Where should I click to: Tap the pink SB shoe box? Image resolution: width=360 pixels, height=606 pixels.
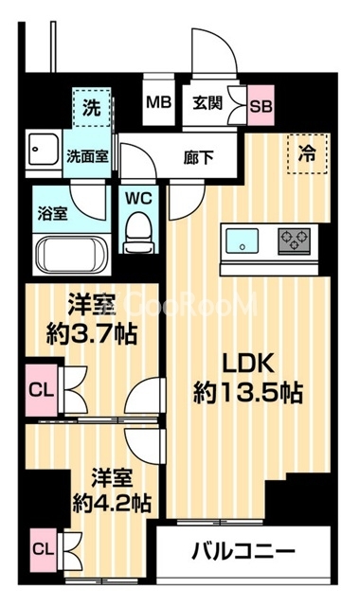(261, 103)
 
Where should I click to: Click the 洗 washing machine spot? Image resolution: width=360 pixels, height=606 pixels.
(91, 107)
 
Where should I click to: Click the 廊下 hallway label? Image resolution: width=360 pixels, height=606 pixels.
(198, 157)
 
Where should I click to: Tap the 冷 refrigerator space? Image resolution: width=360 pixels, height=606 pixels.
(308, 151)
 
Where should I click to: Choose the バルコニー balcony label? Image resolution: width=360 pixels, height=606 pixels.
(244, 551)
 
